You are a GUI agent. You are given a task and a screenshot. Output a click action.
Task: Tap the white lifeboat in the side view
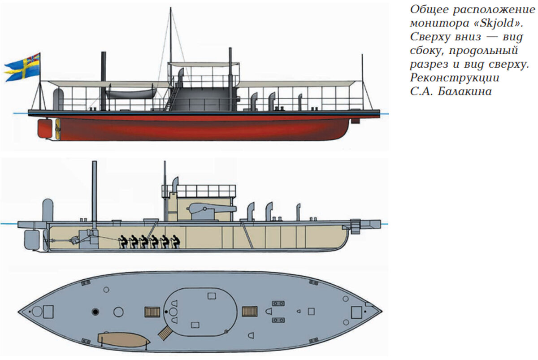[129, 94]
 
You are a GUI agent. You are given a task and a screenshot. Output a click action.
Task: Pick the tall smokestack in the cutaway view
[94, 191]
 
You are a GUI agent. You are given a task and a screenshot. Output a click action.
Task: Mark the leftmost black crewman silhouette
[121, 242]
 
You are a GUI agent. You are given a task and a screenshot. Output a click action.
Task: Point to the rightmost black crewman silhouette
[176, 242]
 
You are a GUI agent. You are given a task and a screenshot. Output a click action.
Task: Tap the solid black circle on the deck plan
[95, 311]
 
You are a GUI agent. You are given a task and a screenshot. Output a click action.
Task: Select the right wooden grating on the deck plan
[249, 311]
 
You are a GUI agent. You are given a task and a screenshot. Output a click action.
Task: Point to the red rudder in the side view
[45, 129]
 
